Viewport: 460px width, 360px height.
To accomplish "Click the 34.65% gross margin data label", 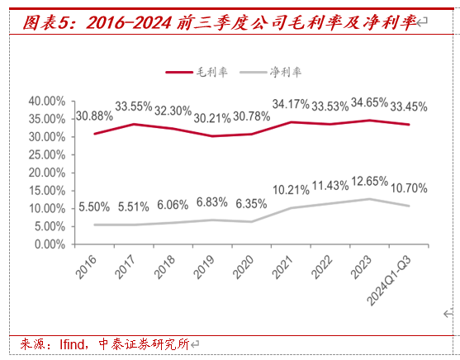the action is (x=369, y=102).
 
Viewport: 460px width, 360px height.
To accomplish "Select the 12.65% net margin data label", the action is (x=369, y=182).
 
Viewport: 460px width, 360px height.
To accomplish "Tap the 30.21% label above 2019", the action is (x=212, y=118).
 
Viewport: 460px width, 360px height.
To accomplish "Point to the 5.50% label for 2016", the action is (x=94, y=207).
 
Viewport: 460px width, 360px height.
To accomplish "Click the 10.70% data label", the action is (x=409, y=188).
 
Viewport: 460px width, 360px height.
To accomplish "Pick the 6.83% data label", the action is (x=212, y=202).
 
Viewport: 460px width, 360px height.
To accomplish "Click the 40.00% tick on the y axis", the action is (x=47, y=102).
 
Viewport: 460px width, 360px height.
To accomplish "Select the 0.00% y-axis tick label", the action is (x=50, y=244).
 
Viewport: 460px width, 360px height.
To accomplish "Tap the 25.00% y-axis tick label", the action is (x=47, y=155).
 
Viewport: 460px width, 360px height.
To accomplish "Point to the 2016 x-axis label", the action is (x=86, y=267).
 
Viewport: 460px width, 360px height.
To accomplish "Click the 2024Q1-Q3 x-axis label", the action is (x=389, y=281).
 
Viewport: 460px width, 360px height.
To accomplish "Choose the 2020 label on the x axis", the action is (x=243, y=267).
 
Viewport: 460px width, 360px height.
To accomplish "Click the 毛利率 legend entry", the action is (x=197, y=72).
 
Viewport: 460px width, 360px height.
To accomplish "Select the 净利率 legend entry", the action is (x=271, y=72).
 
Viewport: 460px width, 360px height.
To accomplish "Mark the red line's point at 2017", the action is (x=134, y=125).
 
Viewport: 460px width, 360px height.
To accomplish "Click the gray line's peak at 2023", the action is (x=369, y=199).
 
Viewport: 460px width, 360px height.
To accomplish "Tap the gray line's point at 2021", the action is (x=291, y=208).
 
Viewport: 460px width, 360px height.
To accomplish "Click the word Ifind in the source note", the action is (x=71, y=344).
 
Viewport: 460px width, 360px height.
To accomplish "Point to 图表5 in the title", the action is (x=47, y=23).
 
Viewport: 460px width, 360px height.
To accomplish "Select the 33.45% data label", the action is (x=409, y=107).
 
